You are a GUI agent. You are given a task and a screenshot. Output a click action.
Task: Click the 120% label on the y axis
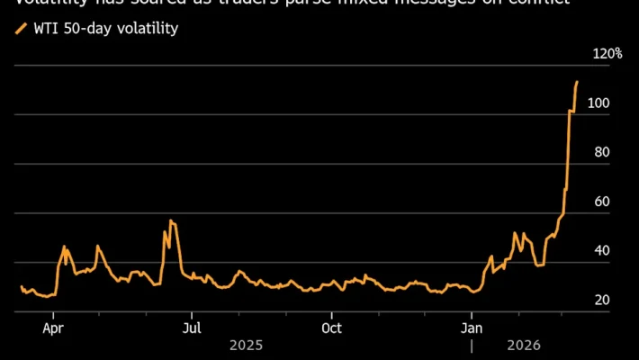607,54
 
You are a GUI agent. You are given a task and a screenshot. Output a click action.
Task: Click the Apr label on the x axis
54,328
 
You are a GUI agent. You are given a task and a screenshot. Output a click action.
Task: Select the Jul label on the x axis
192,328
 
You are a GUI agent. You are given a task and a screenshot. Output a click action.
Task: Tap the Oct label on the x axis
332,328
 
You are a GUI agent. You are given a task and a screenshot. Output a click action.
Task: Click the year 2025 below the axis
247,344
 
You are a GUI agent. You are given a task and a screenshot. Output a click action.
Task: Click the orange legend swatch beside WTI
21,29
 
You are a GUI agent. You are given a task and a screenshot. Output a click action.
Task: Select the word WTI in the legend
45,29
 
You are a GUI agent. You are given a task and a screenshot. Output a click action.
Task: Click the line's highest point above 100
577,82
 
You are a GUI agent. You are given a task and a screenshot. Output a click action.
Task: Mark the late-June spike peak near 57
171,220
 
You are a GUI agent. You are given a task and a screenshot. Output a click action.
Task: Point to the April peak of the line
64,246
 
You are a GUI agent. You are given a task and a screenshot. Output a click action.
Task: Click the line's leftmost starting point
21,286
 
